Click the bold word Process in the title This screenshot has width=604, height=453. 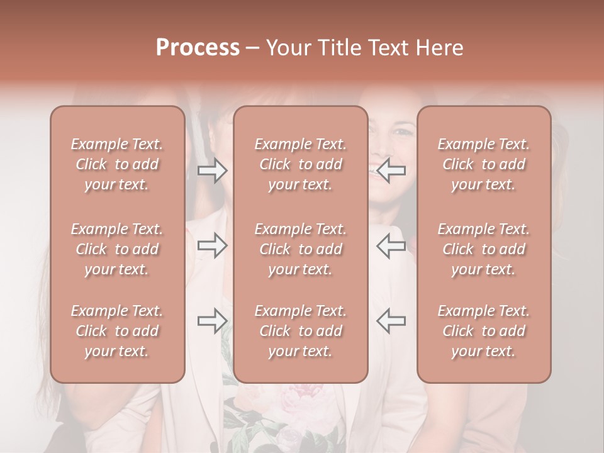198,47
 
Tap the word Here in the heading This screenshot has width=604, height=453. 440,47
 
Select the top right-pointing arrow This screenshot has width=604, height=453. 213,171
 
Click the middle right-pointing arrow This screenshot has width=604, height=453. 213,246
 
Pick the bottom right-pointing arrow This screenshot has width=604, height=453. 213,320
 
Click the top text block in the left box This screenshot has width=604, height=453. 117,164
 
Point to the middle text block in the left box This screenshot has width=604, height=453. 117,249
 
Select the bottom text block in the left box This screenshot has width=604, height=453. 117,331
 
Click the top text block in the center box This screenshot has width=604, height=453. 301,164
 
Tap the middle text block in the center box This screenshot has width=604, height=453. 301,249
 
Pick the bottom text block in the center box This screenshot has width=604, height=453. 301,331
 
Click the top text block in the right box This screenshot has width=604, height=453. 484,164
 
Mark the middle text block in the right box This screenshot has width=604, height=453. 484,249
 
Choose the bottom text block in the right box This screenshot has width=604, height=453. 484,331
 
